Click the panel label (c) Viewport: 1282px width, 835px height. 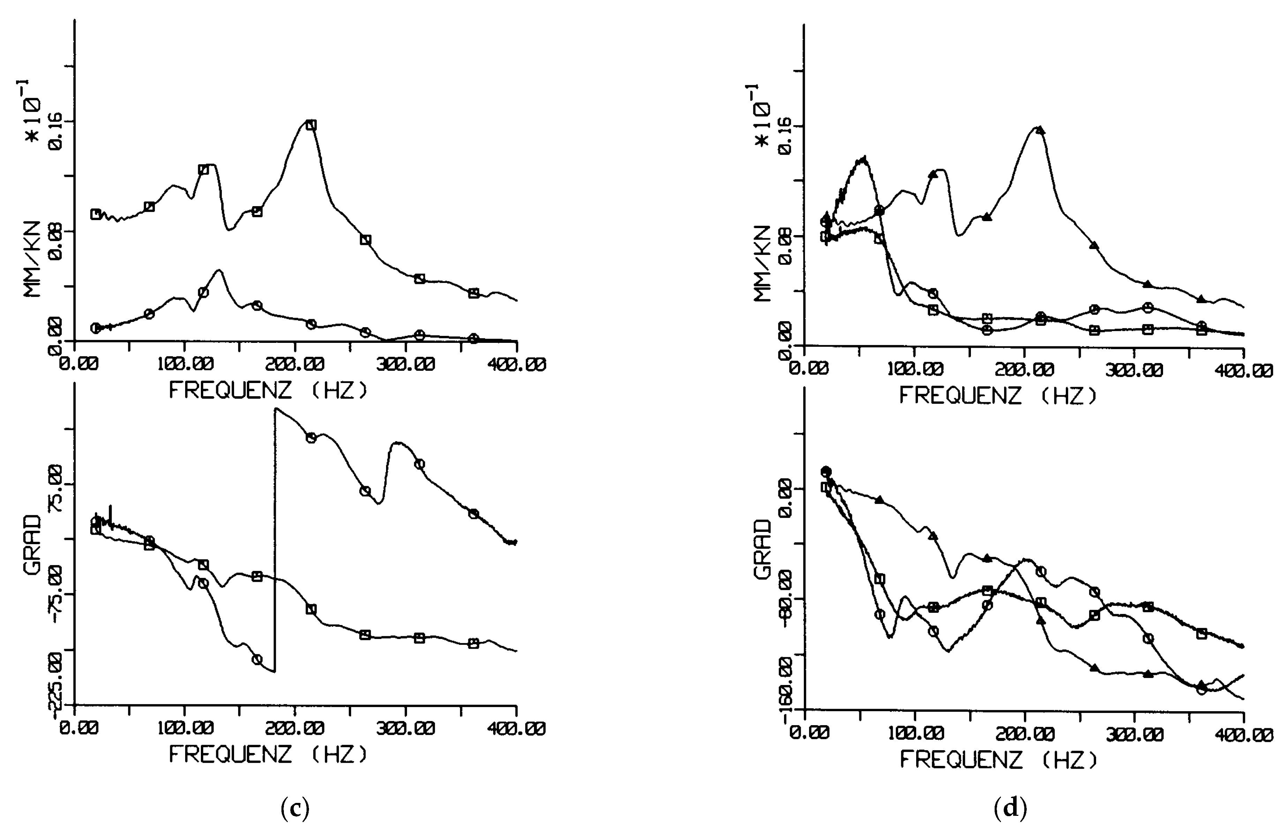coord(295,808)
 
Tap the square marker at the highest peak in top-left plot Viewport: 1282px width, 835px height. coord(311,125)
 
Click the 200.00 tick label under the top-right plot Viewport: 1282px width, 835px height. coord(1025,370)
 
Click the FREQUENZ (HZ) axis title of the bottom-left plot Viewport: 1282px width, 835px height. coord(268,754)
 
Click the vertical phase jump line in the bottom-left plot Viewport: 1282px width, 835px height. coord(275,539)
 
